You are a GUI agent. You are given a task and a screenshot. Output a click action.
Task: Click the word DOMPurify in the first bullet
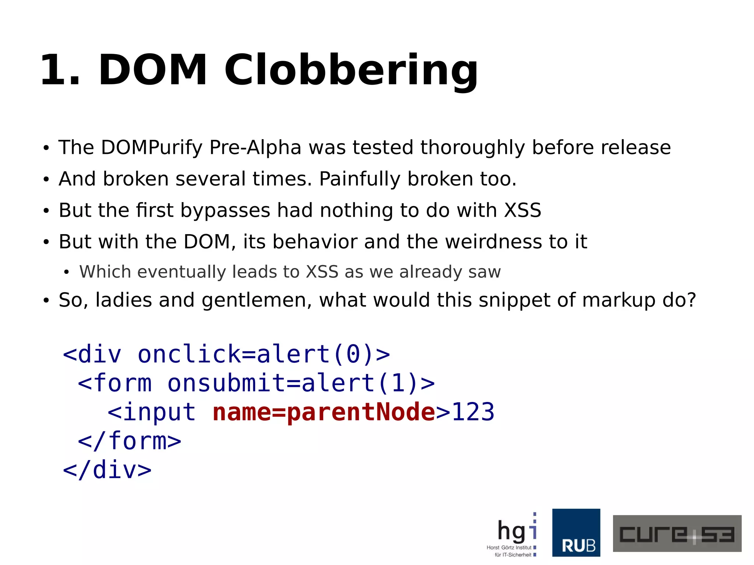(152, 148)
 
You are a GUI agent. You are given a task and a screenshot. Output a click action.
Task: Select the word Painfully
(359, 179)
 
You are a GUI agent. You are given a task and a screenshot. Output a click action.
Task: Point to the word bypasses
(225, 211)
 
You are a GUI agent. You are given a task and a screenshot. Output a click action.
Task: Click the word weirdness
(493, 242)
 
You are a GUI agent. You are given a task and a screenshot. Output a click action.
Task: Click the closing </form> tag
(130, 441)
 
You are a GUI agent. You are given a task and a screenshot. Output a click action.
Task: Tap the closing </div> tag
(107, 470)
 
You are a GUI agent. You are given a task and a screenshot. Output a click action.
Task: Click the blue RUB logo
(576, 532)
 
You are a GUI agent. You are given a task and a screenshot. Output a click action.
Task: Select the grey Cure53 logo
(677, 533)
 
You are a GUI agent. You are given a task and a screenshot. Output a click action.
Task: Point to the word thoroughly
(472, 148)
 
